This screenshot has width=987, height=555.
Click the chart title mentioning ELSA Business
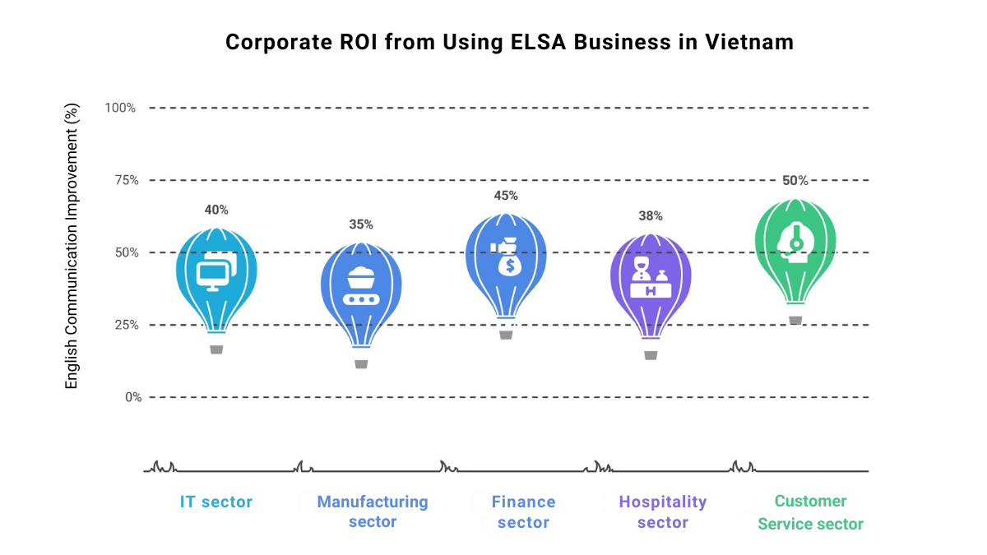pos(510,43)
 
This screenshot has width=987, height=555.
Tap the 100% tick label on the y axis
pos(120,108)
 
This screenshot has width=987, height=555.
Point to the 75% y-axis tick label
pos(123,180)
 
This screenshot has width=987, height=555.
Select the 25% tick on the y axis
pos(123,325)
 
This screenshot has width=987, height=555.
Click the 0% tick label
pos(132,397)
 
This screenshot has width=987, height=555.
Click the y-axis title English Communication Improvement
pos(72,247)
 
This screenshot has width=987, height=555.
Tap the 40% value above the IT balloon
pos(216,210)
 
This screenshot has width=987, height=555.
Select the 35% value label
pos(361,224)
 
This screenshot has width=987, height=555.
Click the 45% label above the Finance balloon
pos(506,196)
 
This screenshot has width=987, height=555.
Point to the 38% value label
pos(651,216)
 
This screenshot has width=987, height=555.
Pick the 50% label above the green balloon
pos(795,181)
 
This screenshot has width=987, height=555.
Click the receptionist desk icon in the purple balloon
pos(651,279)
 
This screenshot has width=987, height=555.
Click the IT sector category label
pos(216,502)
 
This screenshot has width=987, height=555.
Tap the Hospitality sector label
pos(663,511)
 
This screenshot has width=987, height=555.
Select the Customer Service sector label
pos(810,511)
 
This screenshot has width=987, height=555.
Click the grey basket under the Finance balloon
pos(506,335)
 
